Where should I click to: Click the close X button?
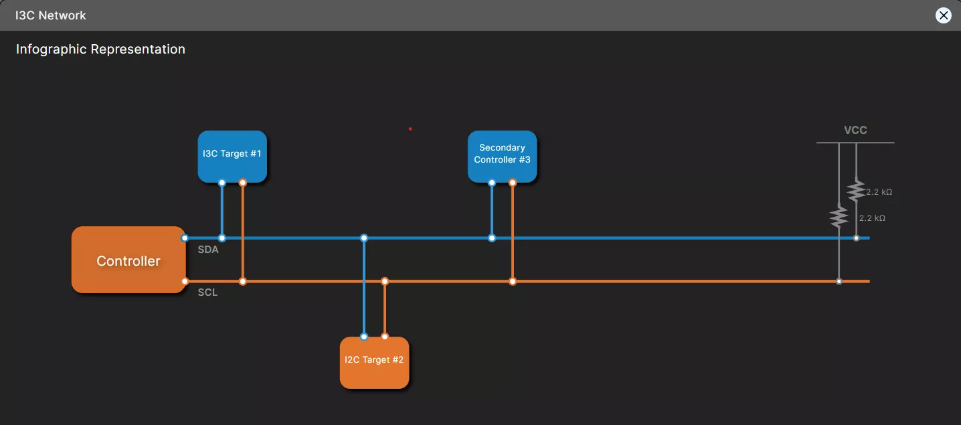(x=943, y=15)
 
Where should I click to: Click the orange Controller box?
(x=128, y=260)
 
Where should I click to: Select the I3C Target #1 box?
(x=232, y=155)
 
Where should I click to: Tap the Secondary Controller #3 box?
(x=502, y=155)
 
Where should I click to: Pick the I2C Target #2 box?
(x=374, y=361)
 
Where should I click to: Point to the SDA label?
(x=208, y=250)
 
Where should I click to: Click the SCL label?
(x=207, y=292)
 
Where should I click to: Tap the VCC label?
(x=855, y=130)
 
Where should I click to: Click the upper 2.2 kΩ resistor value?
(x=879, y=192)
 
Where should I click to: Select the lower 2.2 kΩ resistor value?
(x=872, y=218)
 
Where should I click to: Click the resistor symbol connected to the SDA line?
(x=856, y=191)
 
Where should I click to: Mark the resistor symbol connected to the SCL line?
(x=839, y=216)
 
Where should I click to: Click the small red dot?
(x=410, y=129)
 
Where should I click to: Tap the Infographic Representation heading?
(x=100, y=50)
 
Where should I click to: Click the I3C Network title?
(x=51, y=15)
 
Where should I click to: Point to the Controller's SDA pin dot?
(x=185, y=238)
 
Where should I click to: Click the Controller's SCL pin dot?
(x=185, y=281)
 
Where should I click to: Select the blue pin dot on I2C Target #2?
(x=364, y=337)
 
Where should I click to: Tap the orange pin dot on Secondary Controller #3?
(x=513, y=183)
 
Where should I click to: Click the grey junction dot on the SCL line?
(x=839, y=281)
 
